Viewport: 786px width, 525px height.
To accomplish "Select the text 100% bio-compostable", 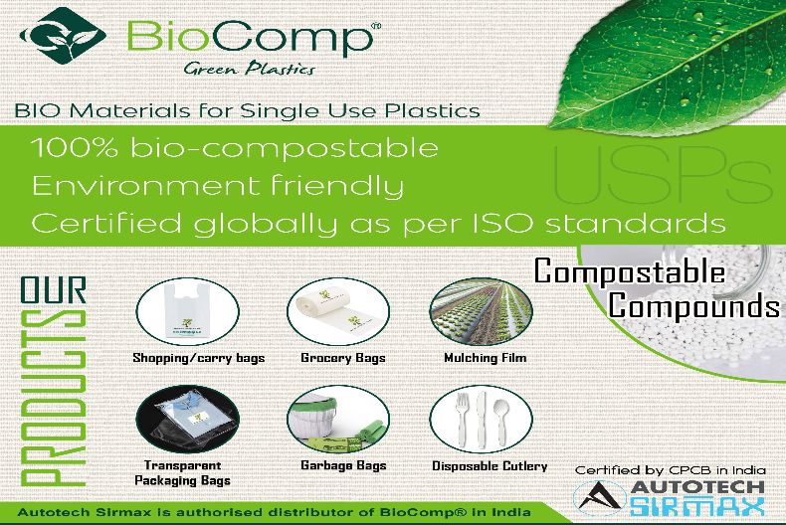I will (235, 150).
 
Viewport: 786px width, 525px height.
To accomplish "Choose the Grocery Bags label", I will (342, 358).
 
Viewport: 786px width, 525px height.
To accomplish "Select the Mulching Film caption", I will (487, 357).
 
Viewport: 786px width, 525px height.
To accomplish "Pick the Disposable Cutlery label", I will (490, 465).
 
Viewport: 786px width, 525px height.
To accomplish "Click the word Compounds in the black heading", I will (693, 305).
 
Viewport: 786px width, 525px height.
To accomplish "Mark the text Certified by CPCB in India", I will (670, 468).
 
